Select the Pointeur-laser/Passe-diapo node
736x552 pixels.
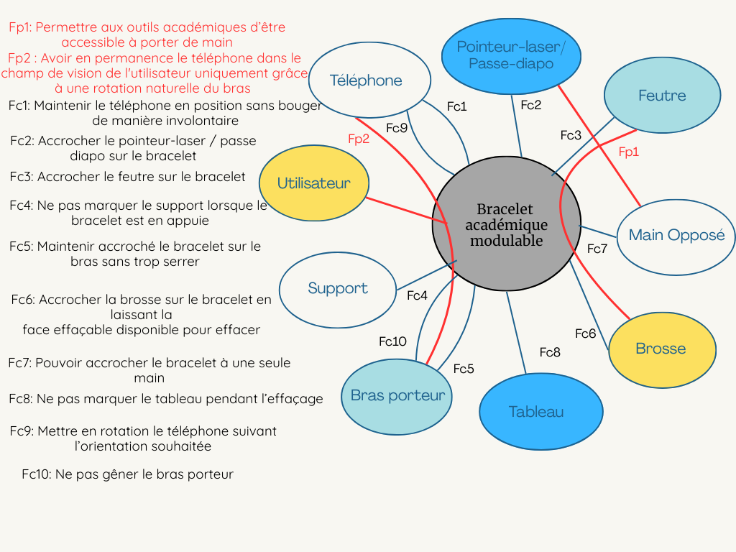click(x=511, y=55)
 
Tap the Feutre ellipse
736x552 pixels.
click(x=662, y=96)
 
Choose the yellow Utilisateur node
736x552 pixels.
click(x=313, y=183)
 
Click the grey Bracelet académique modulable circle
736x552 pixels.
click(x=506, y=224)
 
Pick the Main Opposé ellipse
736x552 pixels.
click(x=676, y=235)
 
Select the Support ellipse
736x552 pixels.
click(x=337, y=288)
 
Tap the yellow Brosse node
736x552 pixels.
click(x=662, y=349)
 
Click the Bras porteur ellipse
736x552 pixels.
click(x=397, y=395)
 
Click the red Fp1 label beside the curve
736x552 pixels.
click(x=629, y=152)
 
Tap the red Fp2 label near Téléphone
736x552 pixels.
click(x=359, y=139)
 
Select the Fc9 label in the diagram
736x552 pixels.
click(x=397, y=128)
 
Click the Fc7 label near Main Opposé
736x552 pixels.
click(x=597, y=249)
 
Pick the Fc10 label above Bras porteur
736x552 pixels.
click(x=393, y=341)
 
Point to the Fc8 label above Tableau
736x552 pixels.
click(x=550, y=352)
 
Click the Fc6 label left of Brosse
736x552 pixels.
click(x=586, y=333)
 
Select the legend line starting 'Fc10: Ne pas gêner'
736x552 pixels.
click(x=127, y=474)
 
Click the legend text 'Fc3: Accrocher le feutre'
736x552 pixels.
click(x=128, y=177)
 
